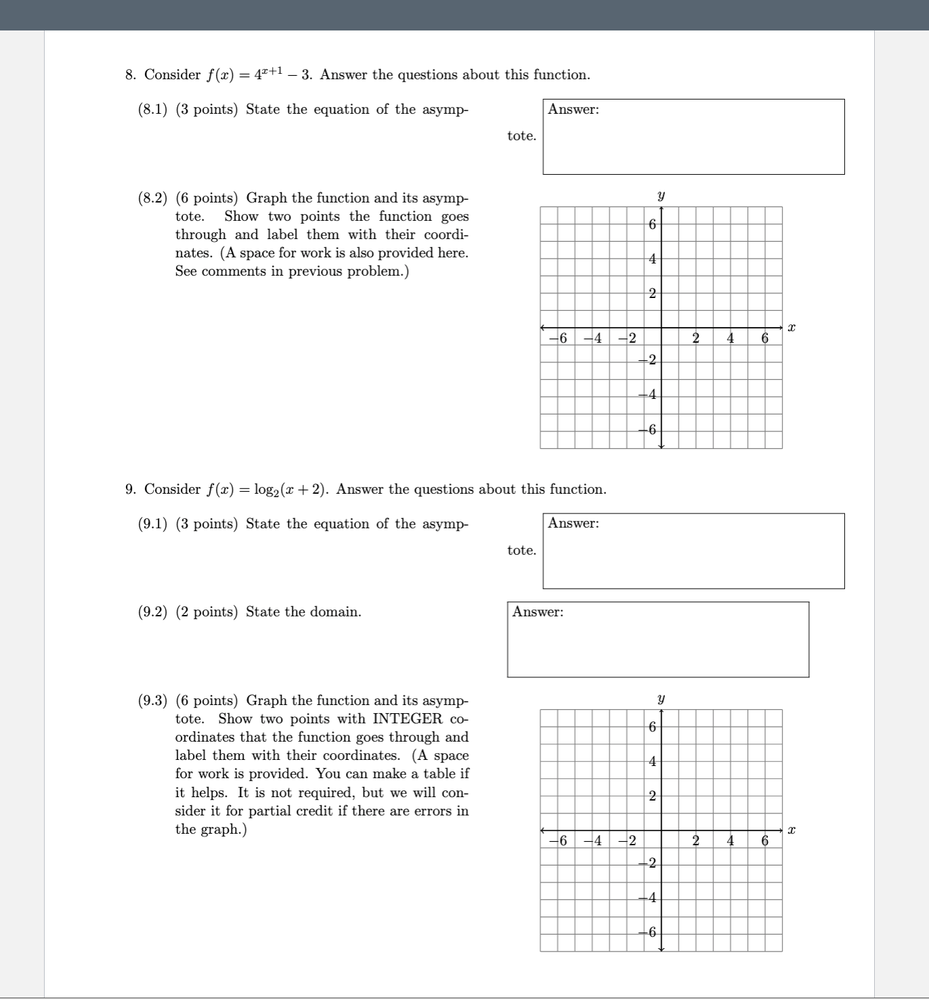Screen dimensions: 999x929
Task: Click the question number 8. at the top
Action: [x=131, y=75]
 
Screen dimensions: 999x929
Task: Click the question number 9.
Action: [x=131, y=490]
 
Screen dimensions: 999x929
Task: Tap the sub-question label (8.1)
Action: [x=152, y=110]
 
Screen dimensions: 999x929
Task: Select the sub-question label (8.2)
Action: [x=152, y=198]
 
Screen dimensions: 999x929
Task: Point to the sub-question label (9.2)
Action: [x=152, y=612]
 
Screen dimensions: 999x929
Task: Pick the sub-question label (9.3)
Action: [x=152, y=701]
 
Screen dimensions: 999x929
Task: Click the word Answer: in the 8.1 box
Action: [x=574, y=110]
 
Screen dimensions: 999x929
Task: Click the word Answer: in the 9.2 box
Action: [x=538, y=612]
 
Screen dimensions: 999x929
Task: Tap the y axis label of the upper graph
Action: [x=661, y=196]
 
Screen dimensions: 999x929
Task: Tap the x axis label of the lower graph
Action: [x=791, y=830]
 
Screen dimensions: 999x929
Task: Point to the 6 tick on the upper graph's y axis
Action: [x=651, y=224]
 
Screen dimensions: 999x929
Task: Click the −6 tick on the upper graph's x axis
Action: [x=559, y=338]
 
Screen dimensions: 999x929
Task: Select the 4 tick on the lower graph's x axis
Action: [x=731, y=841]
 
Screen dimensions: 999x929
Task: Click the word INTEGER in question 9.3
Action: [x=407, y=719]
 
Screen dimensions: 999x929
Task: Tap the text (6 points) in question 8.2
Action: [x=207, y=198]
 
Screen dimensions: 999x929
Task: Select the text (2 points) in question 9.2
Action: [x=207, y=612]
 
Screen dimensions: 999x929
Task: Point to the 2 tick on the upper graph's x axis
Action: [x=695, y=338]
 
